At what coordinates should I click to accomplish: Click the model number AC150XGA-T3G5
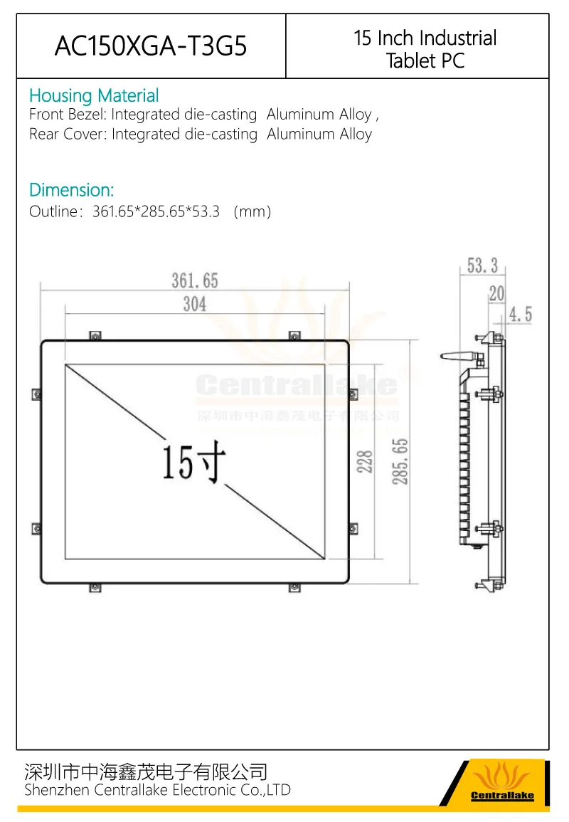[x=151, y=46]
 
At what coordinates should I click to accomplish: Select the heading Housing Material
[x=94, y=95]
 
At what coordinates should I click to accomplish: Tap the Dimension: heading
[x=71, y=190]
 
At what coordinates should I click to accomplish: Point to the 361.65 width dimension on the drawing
[x=195, y=281]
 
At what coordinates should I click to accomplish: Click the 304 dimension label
[x=195, y=304]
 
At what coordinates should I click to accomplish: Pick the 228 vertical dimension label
[x=365, y=462]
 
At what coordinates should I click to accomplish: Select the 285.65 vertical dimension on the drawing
[x=400, y=462]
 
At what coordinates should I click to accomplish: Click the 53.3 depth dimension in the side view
[x=482, y=265]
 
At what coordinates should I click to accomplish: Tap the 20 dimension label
[x=496, y=293]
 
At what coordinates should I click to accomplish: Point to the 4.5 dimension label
[x=521, y=315]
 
